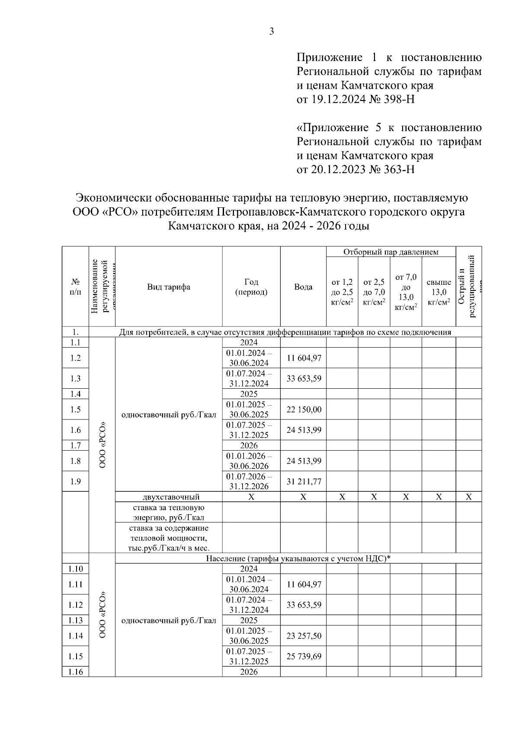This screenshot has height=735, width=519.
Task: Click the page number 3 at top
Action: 272,31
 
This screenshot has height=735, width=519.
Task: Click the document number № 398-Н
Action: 392,100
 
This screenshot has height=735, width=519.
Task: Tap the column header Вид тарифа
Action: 169,287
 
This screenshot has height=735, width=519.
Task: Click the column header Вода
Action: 303,287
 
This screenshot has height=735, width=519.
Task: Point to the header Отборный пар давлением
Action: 391,252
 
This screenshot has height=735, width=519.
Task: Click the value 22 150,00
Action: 304,409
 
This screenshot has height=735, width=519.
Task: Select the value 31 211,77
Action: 304,481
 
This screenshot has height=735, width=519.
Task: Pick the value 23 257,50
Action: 304,636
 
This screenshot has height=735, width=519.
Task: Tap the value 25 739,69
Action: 304,656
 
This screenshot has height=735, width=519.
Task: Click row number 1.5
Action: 75,409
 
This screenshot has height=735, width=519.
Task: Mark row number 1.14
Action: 75,636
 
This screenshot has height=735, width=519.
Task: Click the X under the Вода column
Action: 303,497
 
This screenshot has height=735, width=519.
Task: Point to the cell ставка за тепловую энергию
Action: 169,512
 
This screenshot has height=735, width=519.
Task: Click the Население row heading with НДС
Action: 298,558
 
